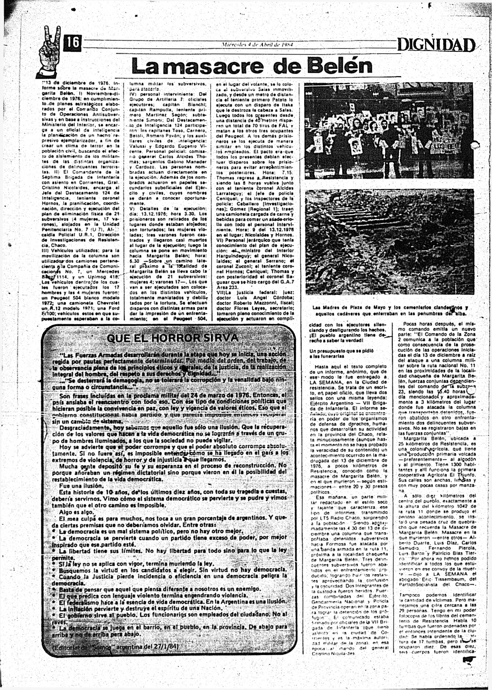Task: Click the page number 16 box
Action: click(x=72, y=43)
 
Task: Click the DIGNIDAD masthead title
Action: click(x=436, y=45)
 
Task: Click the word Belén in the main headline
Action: click(x=340, y=65)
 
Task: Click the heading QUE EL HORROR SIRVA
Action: click(x=172, y=338)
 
